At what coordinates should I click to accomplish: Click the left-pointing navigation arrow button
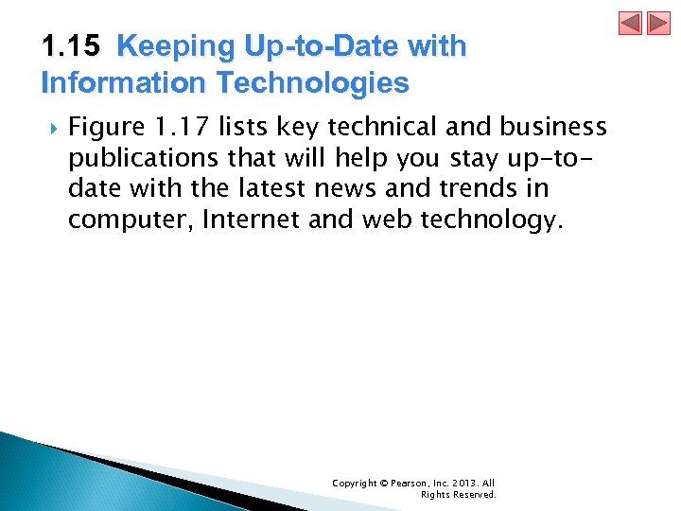(630, 24)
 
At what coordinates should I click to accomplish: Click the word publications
(150, 157)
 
